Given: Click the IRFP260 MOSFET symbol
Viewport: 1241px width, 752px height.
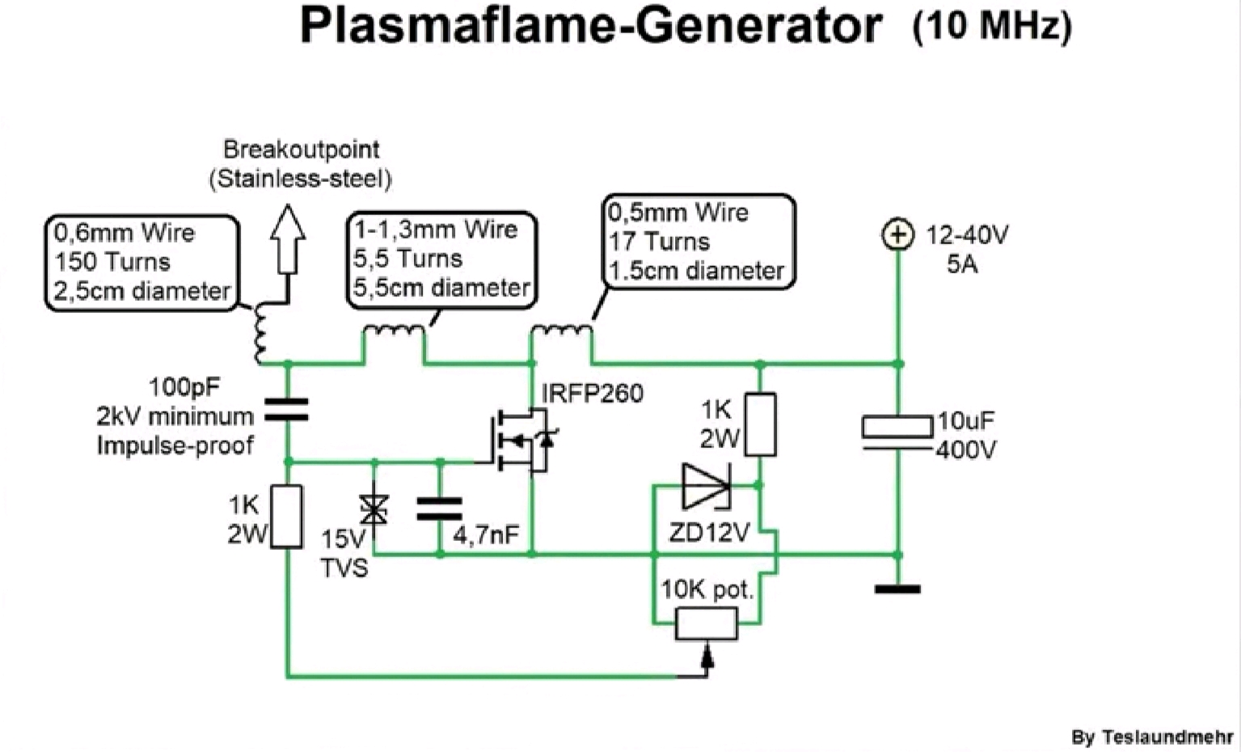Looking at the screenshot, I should (521, 441).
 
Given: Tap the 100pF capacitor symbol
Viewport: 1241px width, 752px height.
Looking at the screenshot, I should (287, 411).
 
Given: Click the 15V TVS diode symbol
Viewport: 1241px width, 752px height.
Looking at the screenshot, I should (374, 509).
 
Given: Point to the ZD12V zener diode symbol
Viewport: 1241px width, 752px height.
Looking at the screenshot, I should (707, 486).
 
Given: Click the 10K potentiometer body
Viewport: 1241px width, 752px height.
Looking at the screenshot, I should (707, 623).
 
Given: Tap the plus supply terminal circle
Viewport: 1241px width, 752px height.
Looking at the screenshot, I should (897, 235).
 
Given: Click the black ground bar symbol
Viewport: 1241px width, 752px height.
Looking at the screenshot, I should (897, 589).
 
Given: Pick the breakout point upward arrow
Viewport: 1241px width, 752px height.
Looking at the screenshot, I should (287, 239).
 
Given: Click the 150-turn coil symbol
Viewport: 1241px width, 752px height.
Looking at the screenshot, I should (260, 333).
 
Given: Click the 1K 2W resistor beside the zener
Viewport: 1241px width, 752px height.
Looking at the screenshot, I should (760, 425).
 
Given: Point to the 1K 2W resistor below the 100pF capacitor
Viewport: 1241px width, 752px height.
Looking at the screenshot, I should (287, 516).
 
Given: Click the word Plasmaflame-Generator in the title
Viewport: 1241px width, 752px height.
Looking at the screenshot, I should (590, 26).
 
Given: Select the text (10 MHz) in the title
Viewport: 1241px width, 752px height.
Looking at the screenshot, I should (992, 26).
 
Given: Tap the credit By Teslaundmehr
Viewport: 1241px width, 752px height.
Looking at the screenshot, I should (1151, 737).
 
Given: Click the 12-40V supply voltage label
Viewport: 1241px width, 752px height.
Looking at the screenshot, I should (967, 235).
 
